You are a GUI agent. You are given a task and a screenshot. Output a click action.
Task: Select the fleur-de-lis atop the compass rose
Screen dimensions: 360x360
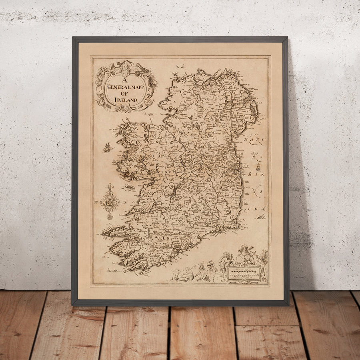(x=110, y=188)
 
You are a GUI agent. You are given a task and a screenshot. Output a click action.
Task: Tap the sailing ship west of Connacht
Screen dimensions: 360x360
(x=107, y=148)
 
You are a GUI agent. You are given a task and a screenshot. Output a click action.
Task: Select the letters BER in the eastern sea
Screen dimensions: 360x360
(x=256, y=175)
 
